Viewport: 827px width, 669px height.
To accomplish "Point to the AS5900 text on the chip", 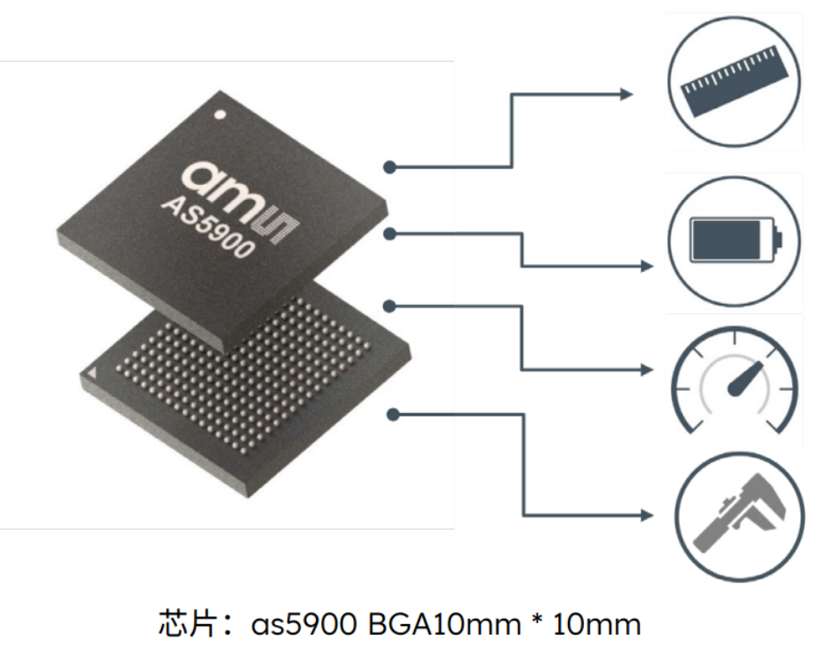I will [209, 227].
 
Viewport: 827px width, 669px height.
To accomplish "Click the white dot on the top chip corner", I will [221, 114].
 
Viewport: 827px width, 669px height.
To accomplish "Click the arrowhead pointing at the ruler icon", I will [626, 94].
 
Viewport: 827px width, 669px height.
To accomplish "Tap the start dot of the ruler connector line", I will [390, 166].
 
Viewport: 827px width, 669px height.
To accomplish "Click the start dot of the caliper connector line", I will [391, 413].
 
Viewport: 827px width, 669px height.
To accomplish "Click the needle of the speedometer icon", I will [742, 378].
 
